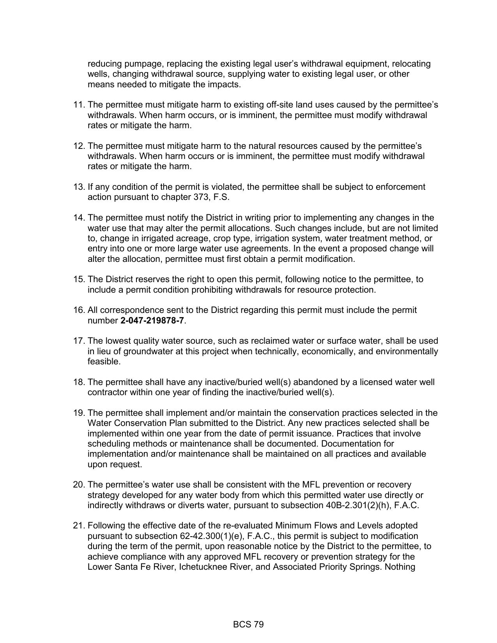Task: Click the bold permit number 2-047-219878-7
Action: point(152,321)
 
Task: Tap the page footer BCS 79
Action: point(248,624)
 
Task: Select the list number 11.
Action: point(79,105)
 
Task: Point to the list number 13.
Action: point(79,187)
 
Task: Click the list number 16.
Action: point(79,310)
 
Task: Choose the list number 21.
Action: point(79,526)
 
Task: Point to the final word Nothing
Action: point(400,567)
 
